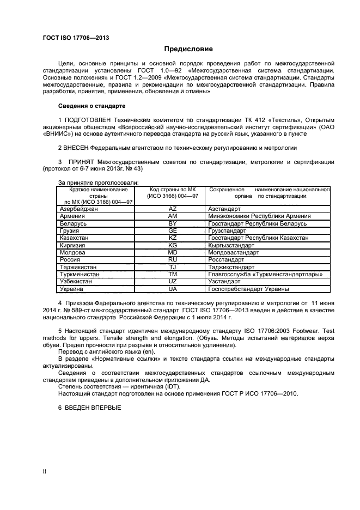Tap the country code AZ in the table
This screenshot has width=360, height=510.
click(173, 209)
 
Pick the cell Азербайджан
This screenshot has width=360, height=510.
click(78, 209)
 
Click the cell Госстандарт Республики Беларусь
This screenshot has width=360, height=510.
click(258, 223)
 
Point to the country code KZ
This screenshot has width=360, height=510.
click(173, 238)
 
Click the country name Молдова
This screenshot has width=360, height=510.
click(72, 253)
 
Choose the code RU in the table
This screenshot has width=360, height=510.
click(173, 260)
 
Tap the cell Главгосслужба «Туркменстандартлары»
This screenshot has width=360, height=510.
click(265, 275)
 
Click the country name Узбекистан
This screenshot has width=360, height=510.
click(76, 282)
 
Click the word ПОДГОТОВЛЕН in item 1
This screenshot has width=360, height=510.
click(91, 120)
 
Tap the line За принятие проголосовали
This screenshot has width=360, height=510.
click(98, 182)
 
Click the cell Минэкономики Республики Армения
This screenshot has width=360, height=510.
click(259, 216)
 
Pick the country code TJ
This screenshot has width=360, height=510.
click(173, 268)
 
